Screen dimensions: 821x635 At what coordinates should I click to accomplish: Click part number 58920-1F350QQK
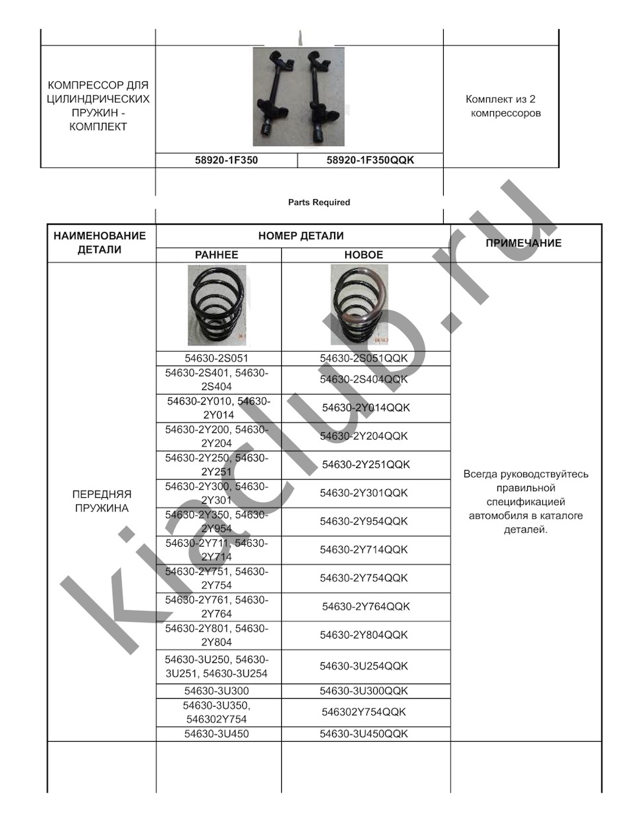pyautogui.click(x=370, y=160)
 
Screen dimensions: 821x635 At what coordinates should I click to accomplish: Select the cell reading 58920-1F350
pyautogui.click(x=226, y=160)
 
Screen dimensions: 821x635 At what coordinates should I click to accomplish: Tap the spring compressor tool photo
pyautogui.click(x=298, y=97)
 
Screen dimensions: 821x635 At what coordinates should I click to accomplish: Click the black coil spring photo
pyautogui.click(x=217, y=305)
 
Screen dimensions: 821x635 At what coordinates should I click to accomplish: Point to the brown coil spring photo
pyautogui.click(x=360, y=305)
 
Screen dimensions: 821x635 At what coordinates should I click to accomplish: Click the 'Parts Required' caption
pyautogui.click(x=319, y=202)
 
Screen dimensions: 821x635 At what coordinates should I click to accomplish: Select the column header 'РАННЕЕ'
pyautogui.click(x=216, y=254)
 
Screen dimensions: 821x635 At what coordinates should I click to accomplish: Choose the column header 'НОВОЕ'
pyautogui.click(x=364, y=254)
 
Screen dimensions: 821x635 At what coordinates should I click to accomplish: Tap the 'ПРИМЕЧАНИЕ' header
pyautogui.click(x=523, y=243)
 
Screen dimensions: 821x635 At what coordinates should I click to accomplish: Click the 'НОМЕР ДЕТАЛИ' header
pyautogui.click(x=301, y=235)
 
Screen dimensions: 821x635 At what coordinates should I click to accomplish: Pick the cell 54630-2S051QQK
pyautogui.click(x=364, y=358)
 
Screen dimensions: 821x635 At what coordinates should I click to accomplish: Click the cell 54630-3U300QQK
pyautogui.click(x=364, y=691)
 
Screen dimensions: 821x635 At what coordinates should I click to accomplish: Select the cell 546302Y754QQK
pyautogui.click(x=364, y=712)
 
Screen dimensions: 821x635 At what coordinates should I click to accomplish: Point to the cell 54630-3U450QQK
pyautogui.click(x=364, y=734)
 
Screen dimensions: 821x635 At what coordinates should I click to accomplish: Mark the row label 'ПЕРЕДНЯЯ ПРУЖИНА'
pyautogui.click(x=101, y=501)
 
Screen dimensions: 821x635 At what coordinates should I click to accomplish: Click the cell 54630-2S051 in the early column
pyautogui.click(x=217, y=358)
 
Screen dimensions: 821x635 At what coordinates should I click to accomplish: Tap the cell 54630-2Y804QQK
pyautogui.click(x=364, y=635)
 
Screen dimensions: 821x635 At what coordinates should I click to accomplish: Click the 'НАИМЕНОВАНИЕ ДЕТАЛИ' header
pyautogui.click(x=99, y=243)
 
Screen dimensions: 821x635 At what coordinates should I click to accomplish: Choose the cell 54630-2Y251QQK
pyautogui.click(x=366, y=464)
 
